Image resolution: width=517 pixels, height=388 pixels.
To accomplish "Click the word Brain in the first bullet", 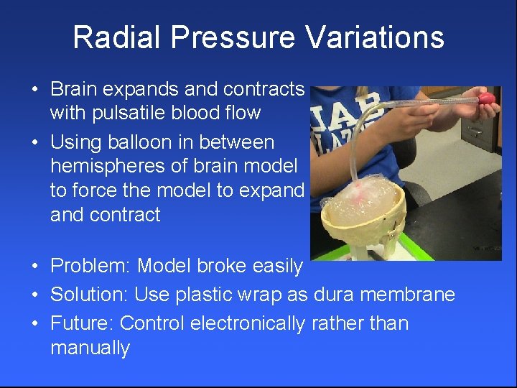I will point(75,89).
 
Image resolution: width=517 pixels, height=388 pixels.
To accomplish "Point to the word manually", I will point(90,348).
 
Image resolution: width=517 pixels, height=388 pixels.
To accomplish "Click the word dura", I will point(333,295).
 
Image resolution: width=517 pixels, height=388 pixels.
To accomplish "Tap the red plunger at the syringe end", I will point(488,98).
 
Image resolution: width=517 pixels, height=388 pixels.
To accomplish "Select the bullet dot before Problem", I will point(34,267).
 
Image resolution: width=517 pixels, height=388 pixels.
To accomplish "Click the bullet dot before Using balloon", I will point(34,142).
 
